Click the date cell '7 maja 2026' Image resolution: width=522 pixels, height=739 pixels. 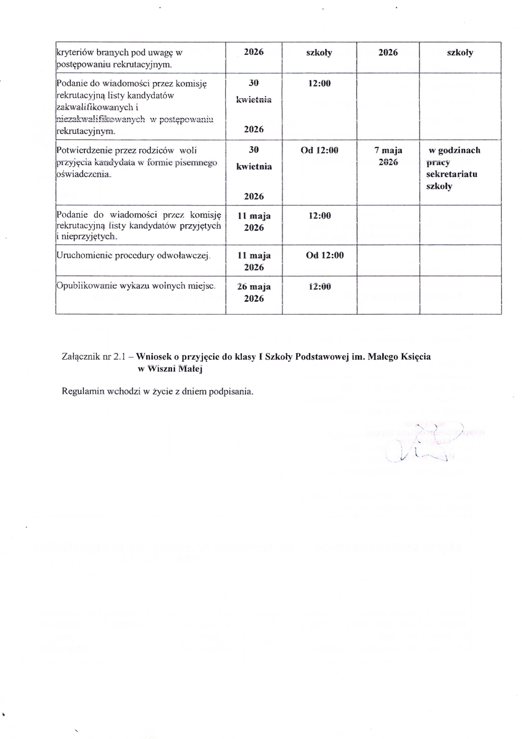388,156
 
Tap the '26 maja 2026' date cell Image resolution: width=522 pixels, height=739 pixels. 254,293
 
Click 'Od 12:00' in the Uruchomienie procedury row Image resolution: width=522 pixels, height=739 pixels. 325,255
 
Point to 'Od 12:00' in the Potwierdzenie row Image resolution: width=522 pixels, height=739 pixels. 320,150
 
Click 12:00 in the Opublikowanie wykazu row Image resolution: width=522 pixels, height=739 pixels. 320,287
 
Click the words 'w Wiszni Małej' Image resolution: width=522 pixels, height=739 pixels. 170,369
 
